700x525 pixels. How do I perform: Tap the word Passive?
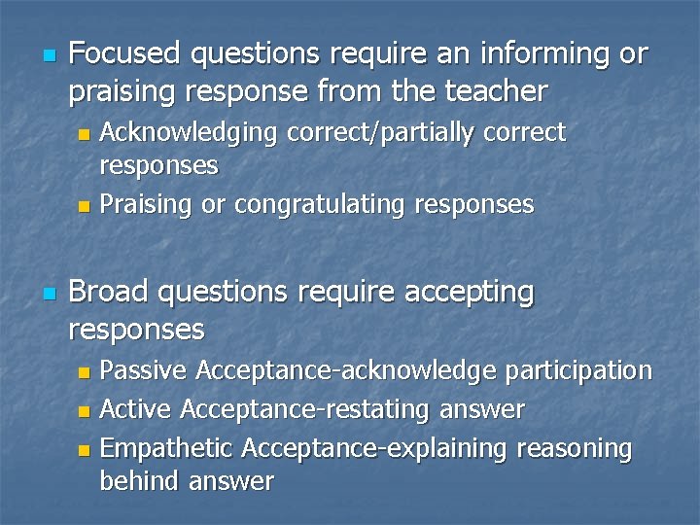(x=145, y=369)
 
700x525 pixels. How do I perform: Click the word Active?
(x=137, y=410)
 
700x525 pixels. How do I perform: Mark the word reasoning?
(x=575, y=448)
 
